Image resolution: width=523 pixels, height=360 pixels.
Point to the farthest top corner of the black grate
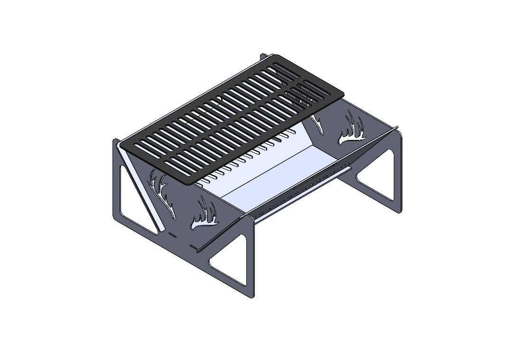[x=276, y=56]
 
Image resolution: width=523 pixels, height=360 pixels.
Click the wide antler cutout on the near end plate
[x=204, y=216]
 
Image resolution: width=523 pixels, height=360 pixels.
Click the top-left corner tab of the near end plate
[x=115, y=141]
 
